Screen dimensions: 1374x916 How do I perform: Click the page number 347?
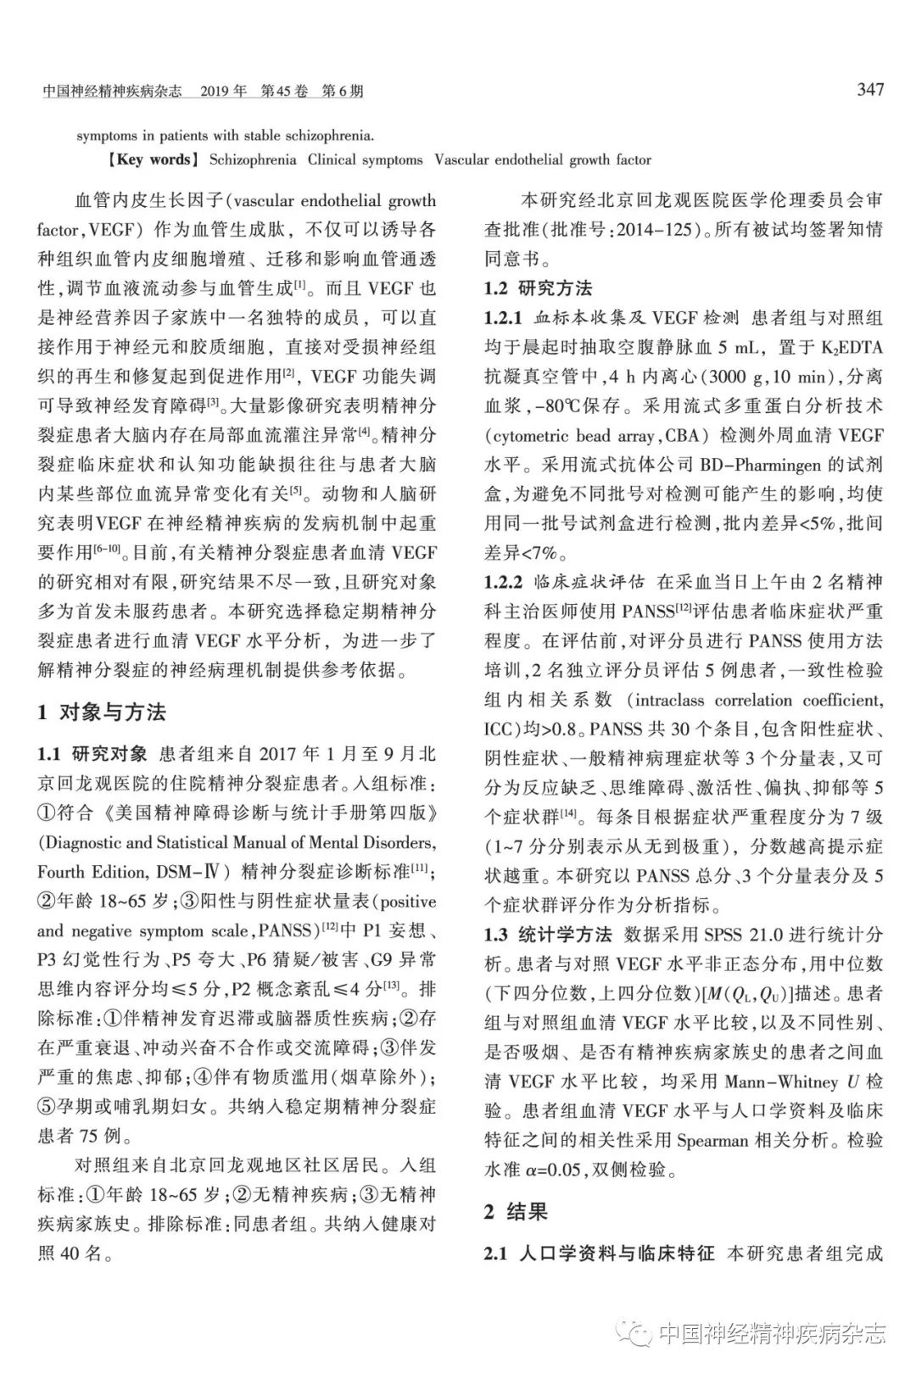point(869,89)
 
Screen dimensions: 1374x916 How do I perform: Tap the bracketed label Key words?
point(153,159)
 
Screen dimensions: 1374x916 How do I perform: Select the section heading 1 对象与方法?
point(102,712)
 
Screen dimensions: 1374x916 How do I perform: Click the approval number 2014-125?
point(656,230)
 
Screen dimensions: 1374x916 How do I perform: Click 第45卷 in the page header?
point(283,91)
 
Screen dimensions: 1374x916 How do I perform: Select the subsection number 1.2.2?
point(503,583)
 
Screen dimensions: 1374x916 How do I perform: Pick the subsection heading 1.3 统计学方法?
point(547,935)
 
